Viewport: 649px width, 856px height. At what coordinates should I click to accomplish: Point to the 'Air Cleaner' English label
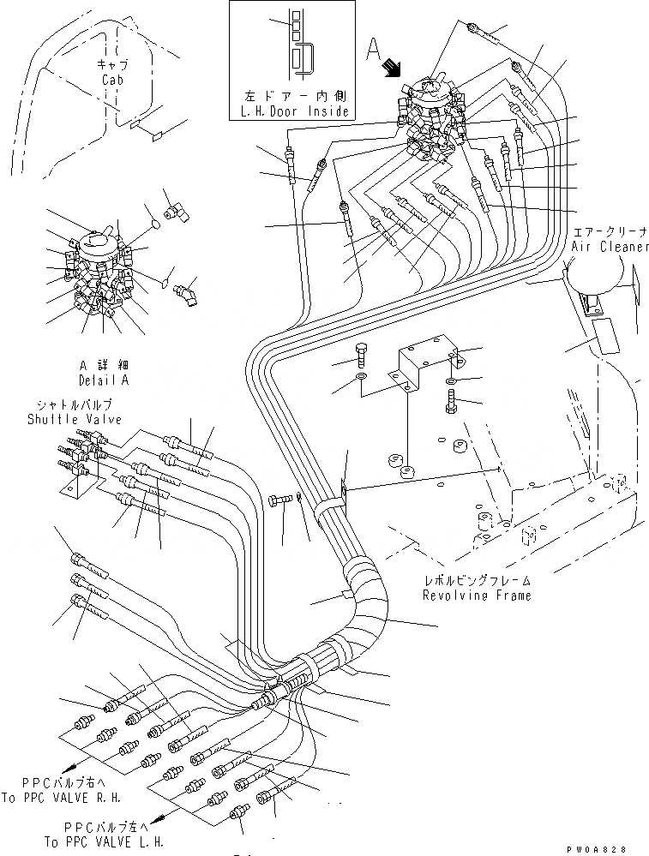[606, 246]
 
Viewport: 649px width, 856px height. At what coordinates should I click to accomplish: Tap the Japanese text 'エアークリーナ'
[604, 231]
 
